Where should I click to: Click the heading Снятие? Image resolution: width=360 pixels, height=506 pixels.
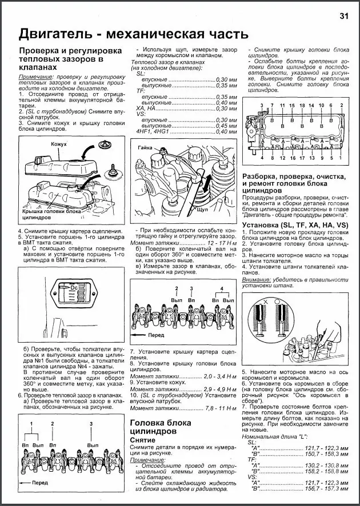147,441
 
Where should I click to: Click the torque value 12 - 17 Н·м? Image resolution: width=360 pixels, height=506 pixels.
221,243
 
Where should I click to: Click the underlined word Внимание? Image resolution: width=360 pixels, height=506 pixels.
257,280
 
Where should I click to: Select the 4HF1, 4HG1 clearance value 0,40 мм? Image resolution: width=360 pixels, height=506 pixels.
225,132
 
